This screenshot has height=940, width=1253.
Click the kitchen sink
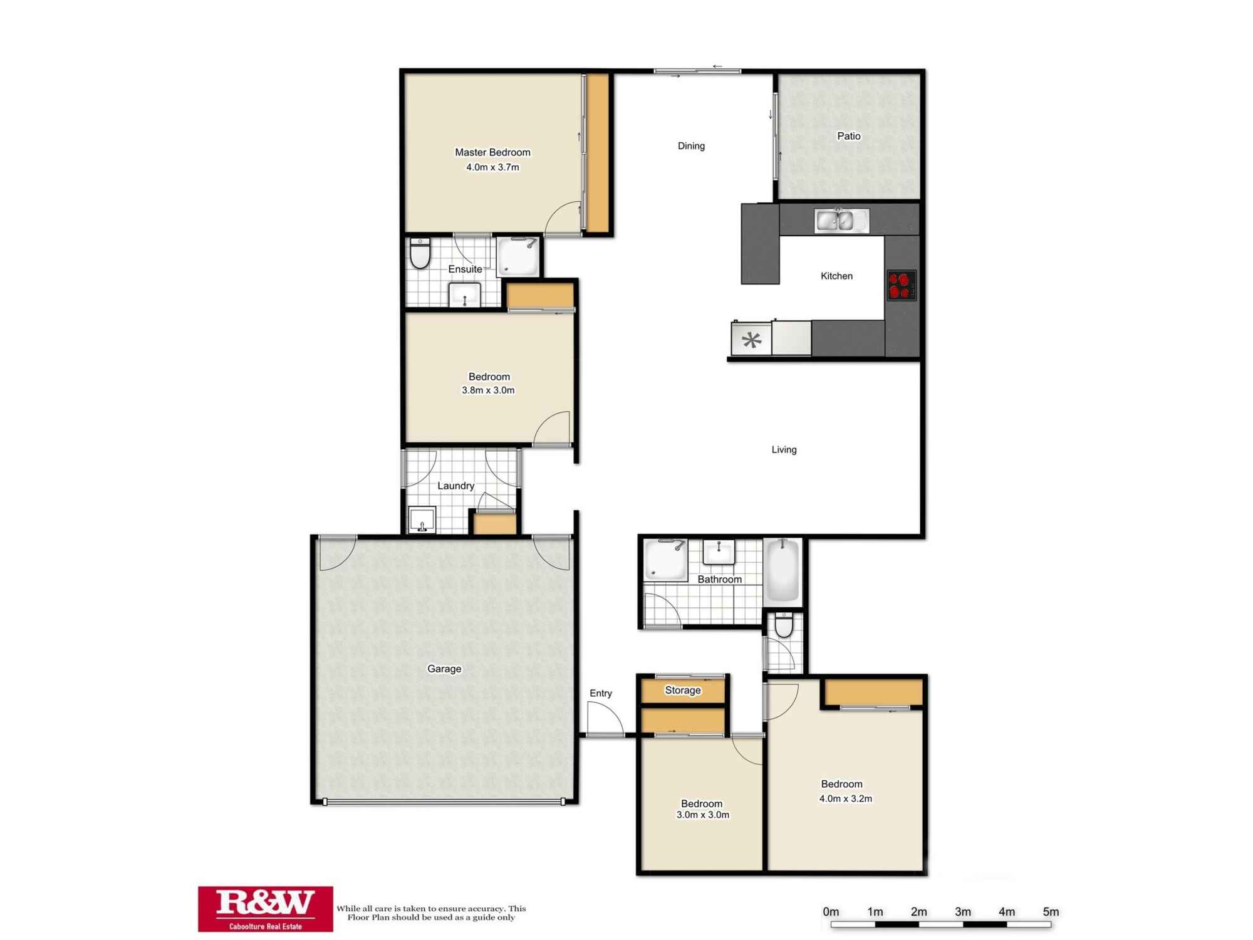point(841,221)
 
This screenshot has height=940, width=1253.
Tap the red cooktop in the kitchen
point(902,285)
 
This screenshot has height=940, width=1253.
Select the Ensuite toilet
point(420,253)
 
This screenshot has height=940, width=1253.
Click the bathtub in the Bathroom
point(782,570)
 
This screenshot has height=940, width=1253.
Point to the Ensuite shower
point(518,256)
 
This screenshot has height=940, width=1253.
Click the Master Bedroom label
point(492,152)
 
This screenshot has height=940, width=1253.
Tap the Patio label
point(849,136)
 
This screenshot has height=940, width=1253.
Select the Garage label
point(444,669)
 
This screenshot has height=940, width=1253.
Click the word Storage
point(683,690)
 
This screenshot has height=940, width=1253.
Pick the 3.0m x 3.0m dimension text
point(702,815)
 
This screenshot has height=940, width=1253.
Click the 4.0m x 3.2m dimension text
point(846,798)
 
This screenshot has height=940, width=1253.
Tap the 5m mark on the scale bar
point(1051,912)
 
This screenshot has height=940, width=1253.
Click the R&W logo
point(266,909)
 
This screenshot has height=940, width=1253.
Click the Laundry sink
point(422,520)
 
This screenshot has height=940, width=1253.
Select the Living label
point(784,449)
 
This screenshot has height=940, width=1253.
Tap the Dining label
point(691,146)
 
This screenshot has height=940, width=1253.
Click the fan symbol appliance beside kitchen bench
point(751,339)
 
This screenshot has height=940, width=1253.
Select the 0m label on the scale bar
point(831,912)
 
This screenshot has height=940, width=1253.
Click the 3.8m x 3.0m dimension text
point(488,390)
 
